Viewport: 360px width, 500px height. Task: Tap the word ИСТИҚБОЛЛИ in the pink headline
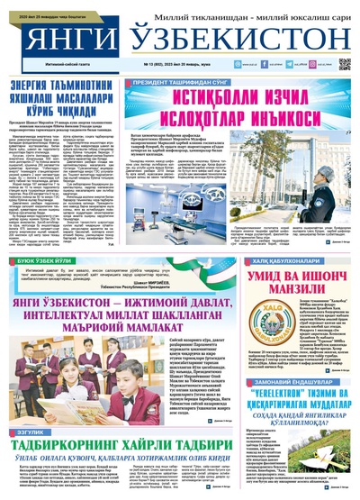coord(193,96)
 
